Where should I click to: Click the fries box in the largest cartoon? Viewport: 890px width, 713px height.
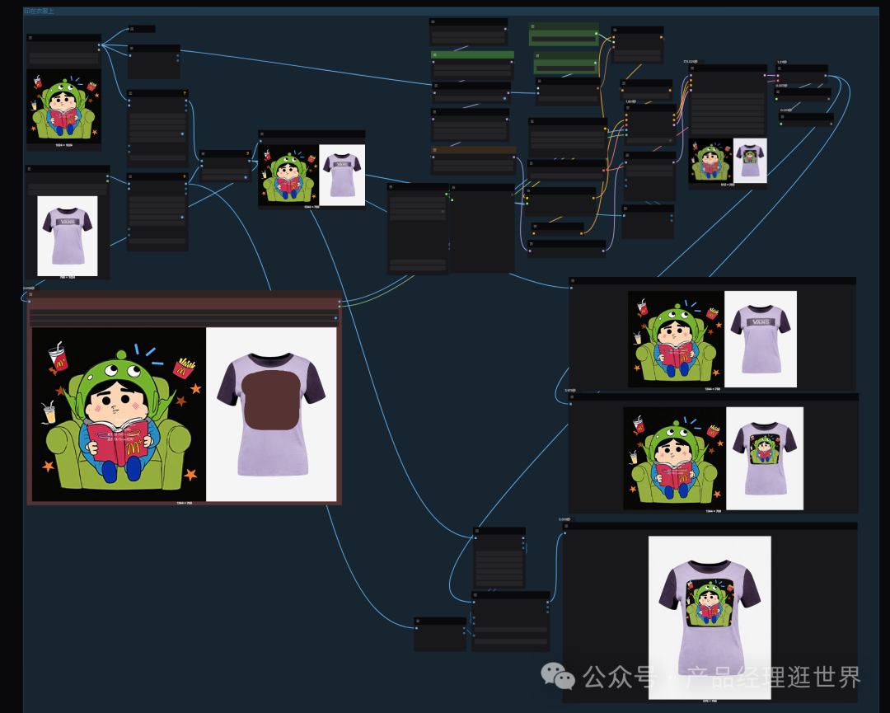click(184, 367)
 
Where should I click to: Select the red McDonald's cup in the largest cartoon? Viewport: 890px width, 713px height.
click(59, 356)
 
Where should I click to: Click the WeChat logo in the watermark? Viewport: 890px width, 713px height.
click(558, 678)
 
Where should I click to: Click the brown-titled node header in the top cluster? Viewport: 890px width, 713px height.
click(474, 150)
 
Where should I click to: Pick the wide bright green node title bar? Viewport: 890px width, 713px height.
click(472, 55)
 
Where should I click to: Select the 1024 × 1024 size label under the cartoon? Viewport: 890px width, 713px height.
click(63, 145)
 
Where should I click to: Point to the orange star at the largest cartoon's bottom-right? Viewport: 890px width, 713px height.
click(191, 474)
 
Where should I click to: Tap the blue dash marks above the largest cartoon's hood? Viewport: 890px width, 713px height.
click(152, 353)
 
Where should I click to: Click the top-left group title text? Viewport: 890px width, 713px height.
click(40, 11)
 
